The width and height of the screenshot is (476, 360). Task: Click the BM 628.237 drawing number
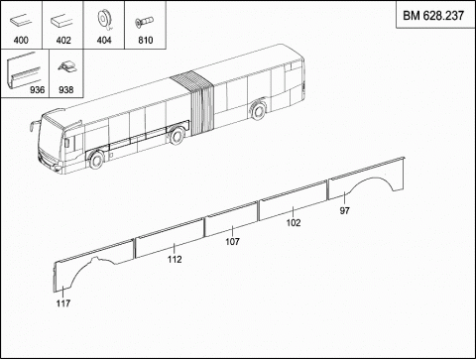[x=433, y=16]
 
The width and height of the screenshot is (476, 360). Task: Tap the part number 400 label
[x=21, y=41]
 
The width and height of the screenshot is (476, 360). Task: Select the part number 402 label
[x=63, y=41]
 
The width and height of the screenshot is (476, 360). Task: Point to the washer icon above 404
[x=104, y=21]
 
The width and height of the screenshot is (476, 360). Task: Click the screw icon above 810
[x=145, y=22]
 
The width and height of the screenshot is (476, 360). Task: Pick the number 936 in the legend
[x=37, y=90]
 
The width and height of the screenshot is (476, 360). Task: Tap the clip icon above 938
[x=67, y=66]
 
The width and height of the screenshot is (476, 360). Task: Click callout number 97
[x=344, y=210]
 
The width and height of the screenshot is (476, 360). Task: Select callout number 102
[x=294, y=223]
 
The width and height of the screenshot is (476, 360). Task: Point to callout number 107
[x=232, y=242]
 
